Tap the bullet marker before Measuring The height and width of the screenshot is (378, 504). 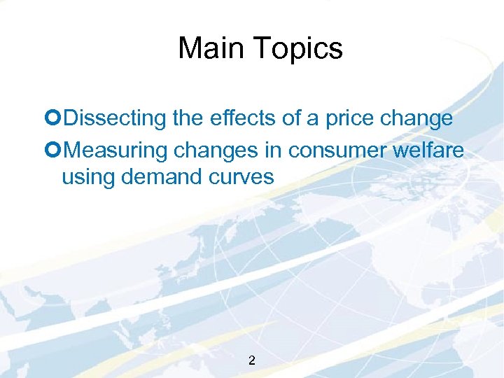point(55,149)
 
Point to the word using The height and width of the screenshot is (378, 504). point(88,178)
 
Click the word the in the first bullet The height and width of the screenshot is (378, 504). point(188,119)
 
